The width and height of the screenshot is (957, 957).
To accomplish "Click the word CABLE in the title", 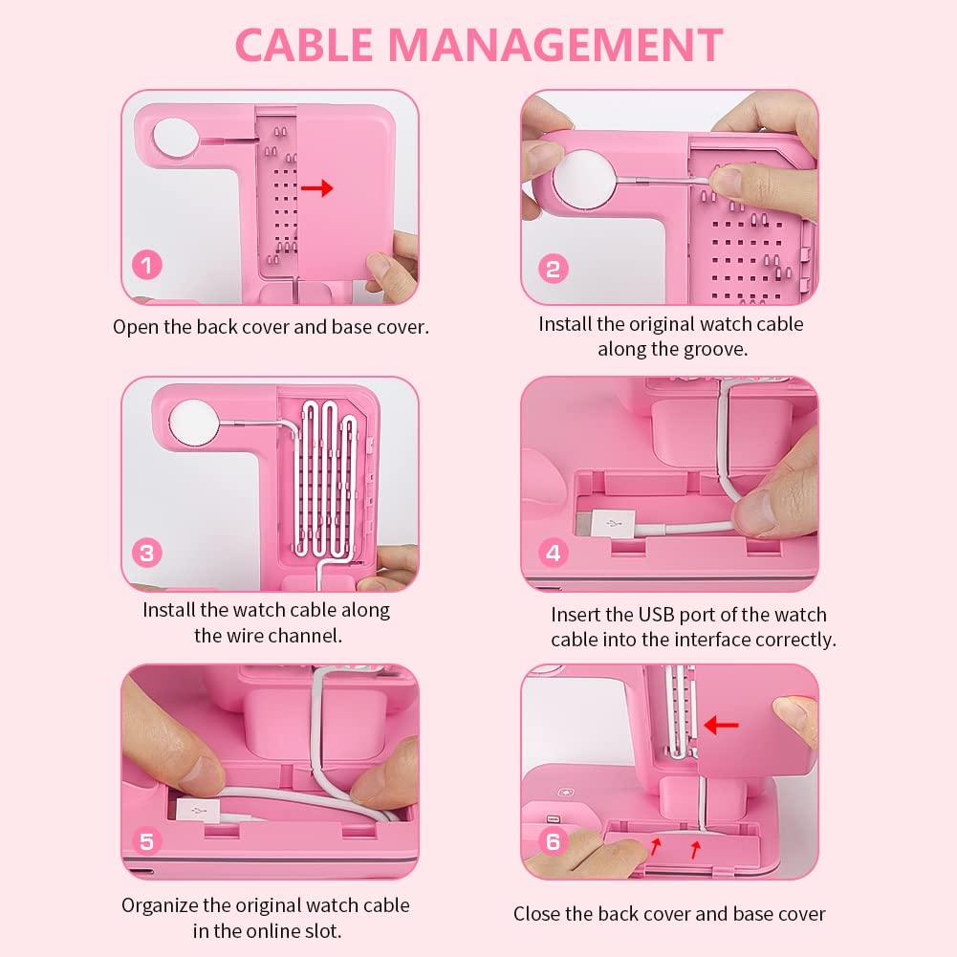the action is tap(304, 45).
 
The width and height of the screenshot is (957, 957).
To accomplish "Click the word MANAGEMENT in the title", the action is tap(556, 45).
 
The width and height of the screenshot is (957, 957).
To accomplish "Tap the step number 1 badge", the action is tap(147, 265).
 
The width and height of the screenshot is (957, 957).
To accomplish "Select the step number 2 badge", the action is tap(554, 269).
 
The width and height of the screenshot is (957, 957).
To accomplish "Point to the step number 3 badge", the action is tap(147, 553).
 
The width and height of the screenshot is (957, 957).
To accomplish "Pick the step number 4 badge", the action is tap(554, 553).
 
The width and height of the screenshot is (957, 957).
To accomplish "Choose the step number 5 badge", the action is tap(147, 841).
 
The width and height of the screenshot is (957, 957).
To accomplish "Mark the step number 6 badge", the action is tap(553, 841).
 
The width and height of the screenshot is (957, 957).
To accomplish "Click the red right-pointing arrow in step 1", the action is tap(317, 188).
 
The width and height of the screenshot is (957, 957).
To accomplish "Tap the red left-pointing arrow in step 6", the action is tap(721, 725).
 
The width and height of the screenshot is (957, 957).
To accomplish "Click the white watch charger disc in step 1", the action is tap(175, 139).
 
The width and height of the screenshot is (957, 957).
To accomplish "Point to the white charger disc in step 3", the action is tap(194, 423).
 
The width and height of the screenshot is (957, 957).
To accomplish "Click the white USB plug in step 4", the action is tap(605, 524).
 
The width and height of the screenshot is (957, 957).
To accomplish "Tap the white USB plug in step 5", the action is tap(198, 811).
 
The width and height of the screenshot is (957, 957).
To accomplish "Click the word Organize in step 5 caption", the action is tap(160, 905).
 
